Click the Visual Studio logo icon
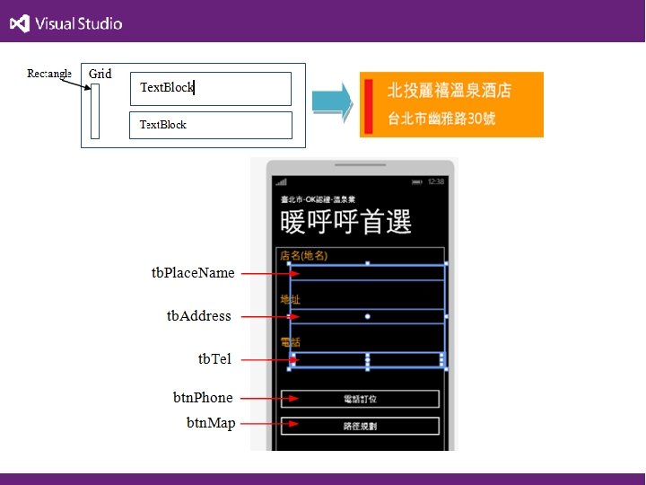19,23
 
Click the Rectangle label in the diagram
49,74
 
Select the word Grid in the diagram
100,74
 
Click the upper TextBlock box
211,88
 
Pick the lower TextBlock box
211,125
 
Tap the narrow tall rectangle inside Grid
95,111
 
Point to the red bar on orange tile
368,105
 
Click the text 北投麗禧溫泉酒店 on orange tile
450,91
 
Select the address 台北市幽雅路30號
441,119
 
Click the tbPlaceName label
193,273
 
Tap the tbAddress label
199,316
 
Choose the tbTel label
214,359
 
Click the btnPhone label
203,398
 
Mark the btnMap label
211,423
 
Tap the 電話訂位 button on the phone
360,400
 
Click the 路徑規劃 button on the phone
360,426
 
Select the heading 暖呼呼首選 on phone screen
345,222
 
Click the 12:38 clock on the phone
436,181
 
